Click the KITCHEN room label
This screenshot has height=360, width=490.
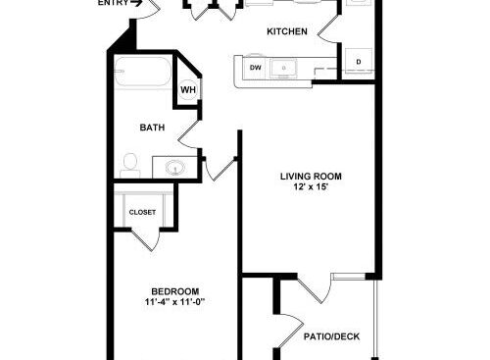(287, 31)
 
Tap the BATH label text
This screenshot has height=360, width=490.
(152, 128)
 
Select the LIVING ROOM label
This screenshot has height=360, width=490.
(311, 177)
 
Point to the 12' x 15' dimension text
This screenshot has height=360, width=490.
(311, 187)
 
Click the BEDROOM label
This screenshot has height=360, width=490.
(175, 291)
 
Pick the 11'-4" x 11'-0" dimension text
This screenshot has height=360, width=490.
(175, 302)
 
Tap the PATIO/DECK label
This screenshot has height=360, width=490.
(331, 336)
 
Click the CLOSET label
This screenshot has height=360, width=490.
(142, 213)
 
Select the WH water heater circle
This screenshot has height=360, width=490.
(188, 89)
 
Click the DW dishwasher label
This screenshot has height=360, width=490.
(256, 68)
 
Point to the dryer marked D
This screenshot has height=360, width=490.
(359, 61)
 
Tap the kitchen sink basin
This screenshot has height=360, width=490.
(283, 69)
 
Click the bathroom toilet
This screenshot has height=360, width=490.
(130, 166)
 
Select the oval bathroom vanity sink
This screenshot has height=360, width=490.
(175, 168)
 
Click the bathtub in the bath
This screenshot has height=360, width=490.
(143, 72)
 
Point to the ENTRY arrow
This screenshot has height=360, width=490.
(136, 3)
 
